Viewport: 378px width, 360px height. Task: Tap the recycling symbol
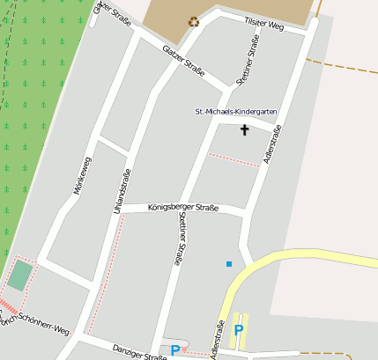193,21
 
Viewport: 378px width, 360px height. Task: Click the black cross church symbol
244,129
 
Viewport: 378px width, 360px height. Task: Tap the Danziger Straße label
139,351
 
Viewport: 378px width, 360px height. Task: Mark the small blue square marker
229,263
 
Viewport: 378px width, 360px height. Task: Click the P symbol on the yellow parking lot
238,330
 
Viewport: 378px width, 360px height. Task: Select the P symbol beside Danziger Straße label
175,350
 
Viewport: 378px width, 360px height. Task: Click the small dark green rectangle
19,276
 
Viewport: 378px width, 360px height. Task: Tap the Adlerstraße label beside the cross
274,146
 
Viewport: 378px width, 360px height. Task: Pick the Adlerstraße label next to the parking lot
216,338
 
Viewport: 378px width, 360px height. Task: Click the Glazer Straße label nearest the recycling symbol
184,61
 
